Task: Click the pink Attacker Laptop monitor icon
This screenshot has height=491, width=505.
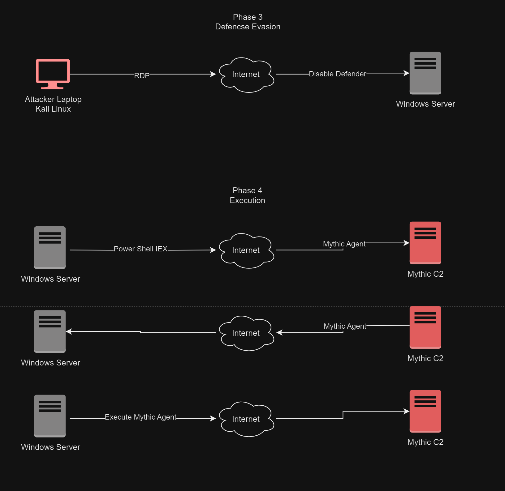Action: point(53,74)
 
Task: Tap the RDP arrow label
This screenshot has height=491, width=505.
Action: point(142,75)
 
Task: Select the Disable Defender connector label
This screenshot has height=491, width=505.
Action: point(337,74)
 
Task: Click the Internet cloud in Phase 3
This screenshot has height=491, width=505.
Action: point(246,75)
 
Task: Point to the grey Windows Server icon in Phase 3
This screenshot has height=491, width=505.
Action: point(425,73)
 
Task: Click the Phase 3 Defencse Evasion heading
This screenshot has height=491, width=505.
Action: point(248,22)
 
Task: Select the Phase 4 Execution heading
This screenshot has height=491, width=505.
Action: point(247,195)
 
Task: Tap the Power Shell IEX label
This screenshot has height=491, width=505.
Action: point(140,249)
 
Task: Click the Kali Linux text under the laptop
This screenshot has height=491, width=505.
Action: point(53,109)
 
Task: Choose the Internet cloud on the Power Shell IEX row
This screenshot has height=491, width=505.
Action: point(246,250)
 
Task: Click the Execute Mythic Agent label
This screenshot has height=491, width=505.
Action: point(140,417)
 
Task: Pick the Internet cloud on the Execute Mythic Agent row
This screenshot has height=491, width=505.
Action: point(246,419)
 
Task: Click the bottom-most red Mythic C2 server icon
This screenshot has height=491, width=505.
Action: point(425,411)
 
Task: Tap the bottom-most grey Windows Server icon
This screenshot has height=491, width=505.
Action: point(50,416)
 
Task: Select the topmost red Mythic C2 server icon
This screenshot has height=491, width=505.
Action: point(425,243)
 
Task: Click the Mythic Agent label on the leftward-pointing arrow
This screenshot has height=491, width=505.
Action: point(345,326)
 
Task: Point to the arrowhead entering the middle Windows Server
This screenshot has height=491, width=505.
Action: point(69,331)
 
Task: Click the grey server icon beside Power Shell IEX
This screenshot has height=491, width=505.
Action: point(50,247)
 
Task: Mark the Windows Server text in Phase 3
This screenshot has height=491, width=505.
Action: point(425,104)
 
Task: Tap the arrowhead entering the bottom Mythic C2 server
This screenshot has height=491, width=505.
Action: point(407,411)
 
